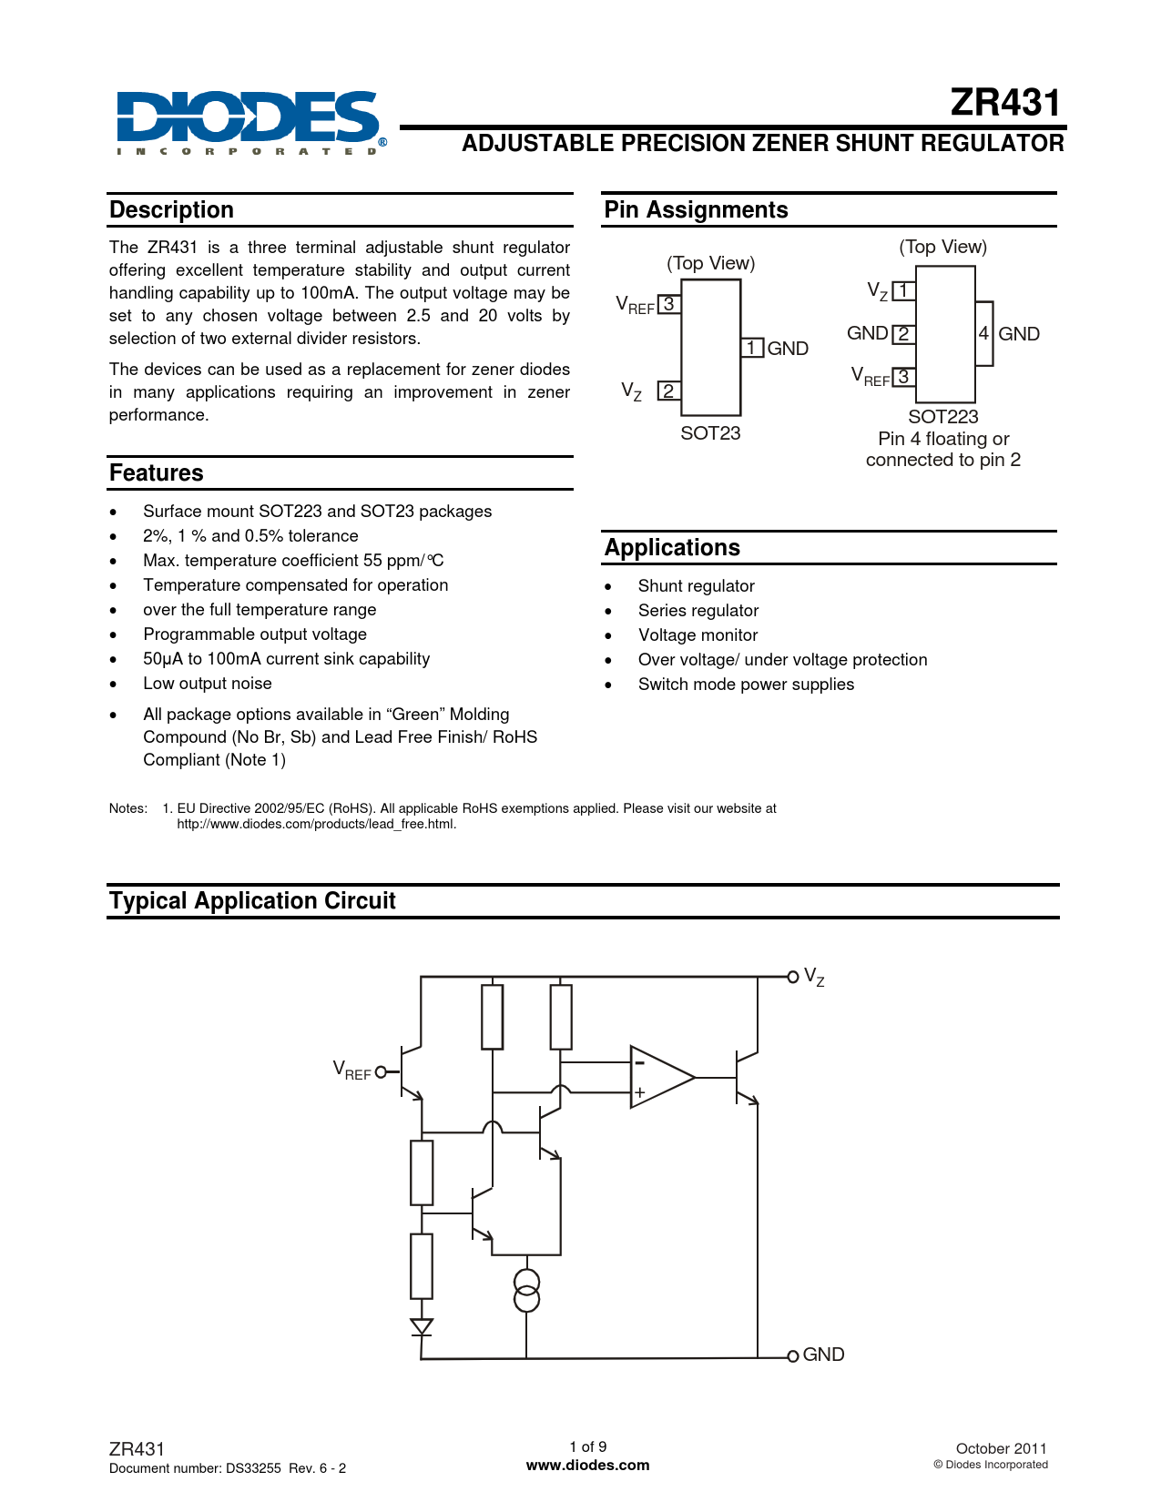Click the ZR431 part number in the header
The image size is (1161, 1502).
(1005, 103)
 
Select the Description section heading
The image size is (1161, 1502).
(171, 210)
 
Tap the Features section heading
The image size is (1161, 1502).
(156, 473)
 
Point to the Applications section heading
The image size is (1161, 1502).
(672, 548)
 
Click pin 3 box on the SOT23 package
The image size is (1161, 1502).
(668, 304)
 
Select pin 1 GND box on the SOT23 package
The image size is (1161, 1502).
(752, 348)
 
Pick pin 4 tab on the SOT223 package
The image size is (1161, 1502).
(983, 334)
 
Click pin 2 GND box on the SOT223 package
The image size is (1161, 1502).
(903, 334)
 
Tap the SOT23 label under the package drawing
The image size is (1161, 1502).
(710, 433)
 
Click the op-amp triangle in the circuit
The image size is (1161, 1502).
(659, 1078)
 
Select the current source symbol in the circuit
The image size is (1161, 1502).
(526, 1291)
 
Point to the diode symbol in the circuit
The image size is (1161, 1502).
(421, 1327)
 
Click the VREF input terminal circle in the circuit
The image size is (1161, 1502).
(381, 1071)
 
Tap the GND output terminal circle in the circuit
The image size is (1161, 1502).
(792, 1355)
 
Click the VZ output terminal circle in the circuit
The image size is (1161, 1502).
(792, 977)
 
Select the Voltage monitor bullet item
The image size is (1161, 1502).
(698, 635)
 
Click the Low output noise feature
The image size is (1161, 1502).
(208, 684)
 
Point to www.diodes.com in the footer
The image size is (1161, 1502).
(588, 1466)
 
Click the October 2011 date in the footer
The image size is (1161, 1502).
(1001, 1448)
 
